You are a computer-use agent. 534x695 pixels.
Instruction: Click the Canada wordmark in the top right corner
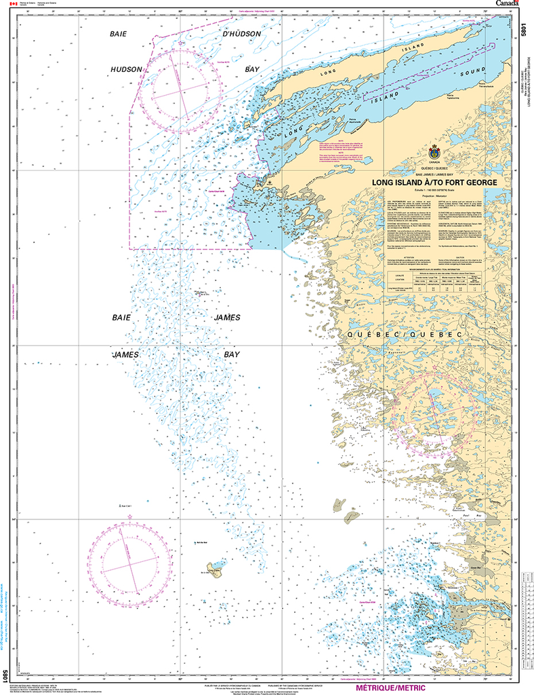pyautogui.click(x=507, y=4)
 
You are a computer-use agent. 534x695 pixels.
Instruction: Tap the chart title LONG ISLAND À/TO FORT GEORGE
pyautogui.click(x=434, y=183)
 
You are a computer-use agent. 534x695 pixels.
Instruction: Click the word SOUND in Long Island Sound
pyautogui.click(x=472, y=72)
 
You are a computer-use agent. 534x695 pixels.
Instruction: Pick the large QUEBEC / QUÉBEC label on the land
pyautogui.click(x=405, y=335)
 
